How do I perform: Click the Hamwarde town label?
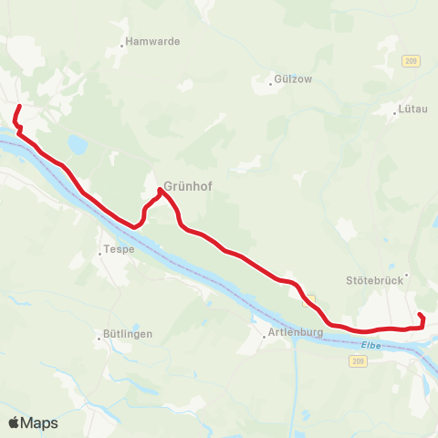coord(153,41)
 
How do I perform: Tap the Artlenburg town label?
coord(296,333)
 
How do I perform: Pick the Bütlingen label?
coord(128,334)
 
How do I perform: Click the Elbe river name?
coord(370,343)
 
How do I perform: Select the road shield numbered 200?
coord(410,60)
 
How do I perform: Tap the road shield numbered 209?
coord(357,362)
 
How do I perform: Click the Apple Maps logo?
coord(33,422)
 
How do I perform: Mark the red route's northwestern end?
coord(19,108)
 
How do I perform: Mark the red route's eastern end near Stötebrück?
coord(420,315)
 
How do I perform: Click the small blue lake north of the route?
coord(78,144)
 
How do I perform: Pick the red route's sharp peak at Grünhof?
coord(161,190)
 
